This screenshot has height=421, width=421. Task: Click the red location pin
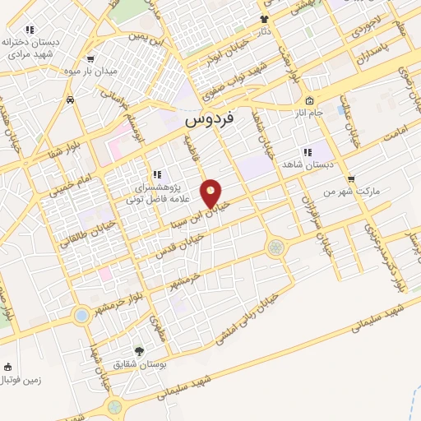(211, 193)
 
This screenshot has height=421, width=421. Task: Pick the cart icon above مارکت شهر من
(352, 178)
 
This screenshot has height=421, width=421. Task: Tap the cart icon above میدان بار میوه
(90, 59)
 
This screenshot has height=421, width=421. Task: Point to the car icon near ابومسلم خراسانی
(71, 99)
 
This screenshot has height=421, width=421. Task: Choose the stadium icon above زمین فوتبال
(8, 367)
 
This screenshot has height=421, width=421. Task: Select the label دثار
(264, 30)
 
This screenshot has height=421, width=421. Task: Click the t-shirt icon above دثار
(264, 18)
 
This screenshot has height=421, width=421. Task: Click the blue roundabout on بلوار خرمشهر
(81, 315)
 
